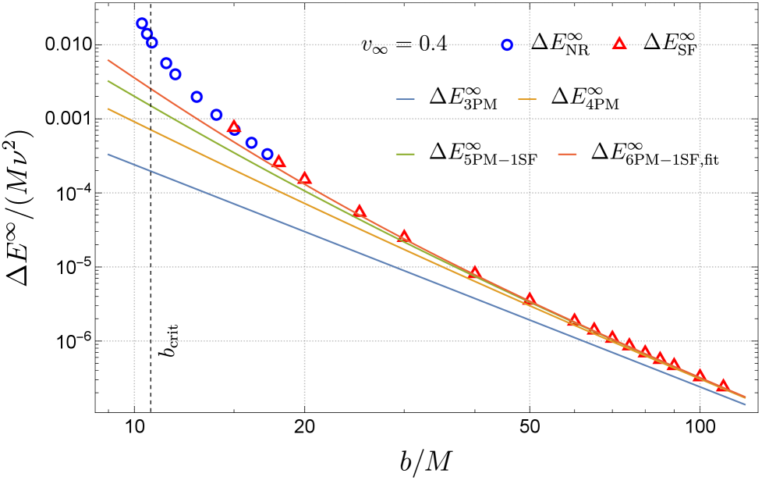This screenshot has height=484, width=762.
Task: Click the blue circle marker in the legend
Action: tap(507, 45)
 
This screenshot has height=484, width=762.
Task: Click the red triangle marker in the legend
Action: tap(619, 44)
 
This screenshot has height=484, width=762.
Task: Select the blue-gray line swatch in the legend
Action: tap(405, 99)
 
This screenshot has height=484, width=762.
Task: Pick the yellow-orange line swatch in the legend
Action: tap(527, 99)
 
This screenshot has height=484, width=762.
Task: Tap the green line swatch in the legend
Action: tap(405, 154)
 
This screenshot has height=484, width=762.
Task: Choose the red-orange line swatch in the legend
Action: tap(567, 154)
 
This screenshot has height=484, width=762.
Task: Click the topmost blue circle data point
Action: tap(142, 23)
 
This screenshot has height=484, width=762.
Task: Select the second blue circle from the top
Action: tap(147, 34)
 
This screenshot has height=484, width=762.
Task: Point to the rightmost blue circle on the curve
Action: tap(268, 154)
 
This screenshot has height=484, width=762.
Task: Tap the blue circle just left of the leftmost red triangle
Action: tap(216, 115)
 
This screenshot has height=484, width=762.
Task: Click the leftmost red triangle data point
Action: tap(234, 126)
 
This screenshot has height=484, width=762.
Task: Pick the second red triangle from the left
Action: tap(278, 162)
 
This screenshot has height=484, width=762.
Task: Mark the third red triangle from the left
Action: tap(304, 178)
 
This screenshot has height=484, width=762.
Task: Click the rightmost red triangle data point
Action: tap(723, 385)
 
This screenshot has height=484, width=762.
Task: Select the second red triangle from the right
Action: tap(700, 375)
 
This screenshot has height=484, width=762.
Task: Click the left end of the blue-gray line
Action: tap(108, 155)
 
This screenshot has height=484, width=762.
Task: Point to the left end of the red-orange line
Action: tap(108, 60)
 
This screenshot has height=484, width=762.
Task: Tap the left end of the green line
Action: tap(108, 80)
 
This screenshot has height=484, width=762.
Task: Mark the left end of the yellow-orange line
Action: tap(108, 109)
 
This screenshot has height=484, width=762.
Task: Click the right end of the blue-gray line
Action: tap(745, 404)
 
